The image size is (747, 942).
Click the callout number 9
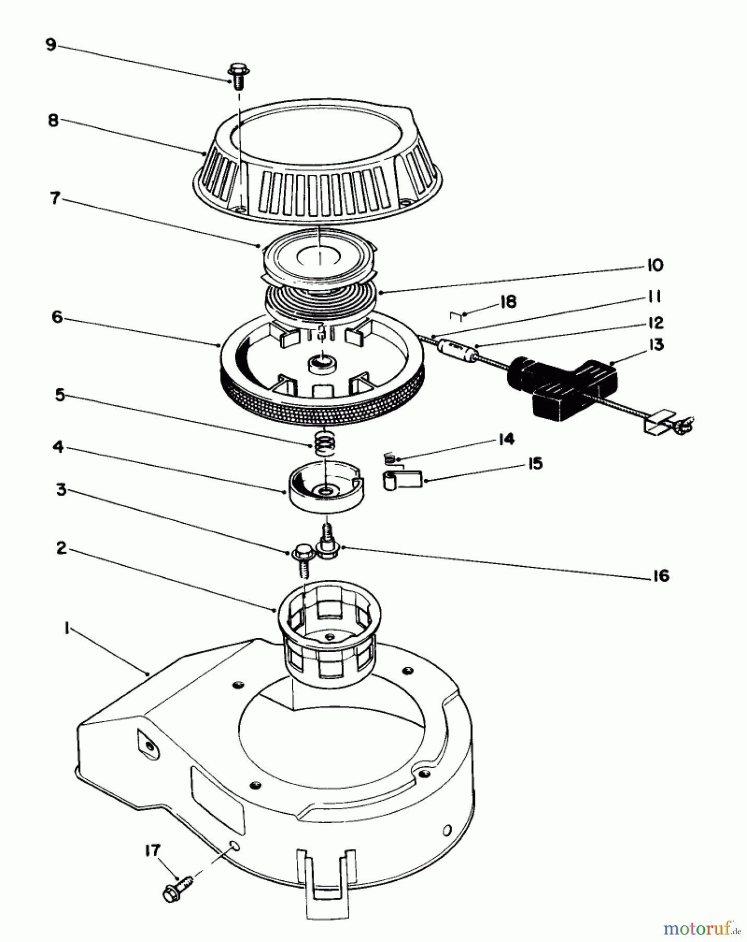click(51, 45)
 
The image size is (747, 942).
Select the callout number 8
click(53, 120)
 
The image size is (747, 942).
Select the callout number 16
click(661, 576)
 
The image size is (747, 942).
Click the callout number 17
click(153, 850)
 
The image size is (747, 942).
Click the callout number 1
click(67, 630)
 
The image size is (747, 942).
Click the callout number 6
click(57, 317)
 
